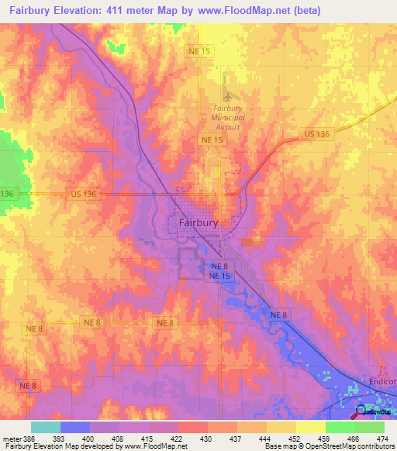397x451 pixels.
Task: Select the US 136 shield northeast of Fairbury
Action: (x=316, y=134)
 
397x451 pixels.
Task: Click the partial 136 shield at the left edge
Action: (x=7, y=193)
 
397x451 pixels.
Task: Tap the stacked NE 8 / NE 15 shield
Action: (x=219, y=270)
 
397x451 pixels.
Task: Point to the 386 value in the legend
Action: (x=28, y=438)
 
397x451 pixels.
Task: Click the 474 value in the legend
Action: (x=382, y=438)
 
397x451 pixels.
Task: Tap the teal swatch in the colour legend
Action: (x=46, y=427)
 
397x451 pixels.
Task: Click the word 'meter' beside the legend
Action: (x=11, y=438)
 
